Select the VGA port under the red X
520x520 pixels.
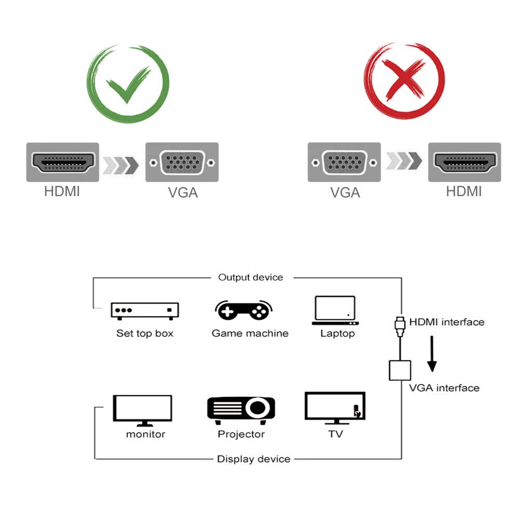click(344, 162)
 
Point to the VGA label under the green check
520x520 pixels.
click(183, 192)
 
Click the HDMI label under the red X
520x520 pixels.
click(464, 191)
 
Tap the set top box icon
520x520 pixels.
click(145, 310)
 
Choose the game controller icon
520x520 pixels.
click(243, 310)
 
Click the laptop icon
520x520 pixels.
click(336, 311)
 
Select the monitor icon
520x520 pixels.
click(142, 410)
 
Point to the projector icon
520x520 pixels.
click(241, 408)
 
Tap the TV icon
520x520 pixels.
click(335, 408)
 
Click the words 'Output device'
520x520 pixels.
click(251, 278)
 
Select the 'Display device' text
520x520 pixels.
click(254, 459)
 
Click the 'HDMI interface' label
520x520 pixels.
click(447, 322)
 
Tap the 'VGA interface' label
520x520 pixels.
click(444, 388)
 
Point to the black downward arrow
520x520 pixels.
click(432, 354)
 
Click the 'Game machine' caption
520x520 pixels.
click(250, 333)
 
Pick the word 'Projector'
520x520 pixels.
click(241, 434)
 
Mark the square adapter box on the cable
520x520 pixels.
click(400, 369)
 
